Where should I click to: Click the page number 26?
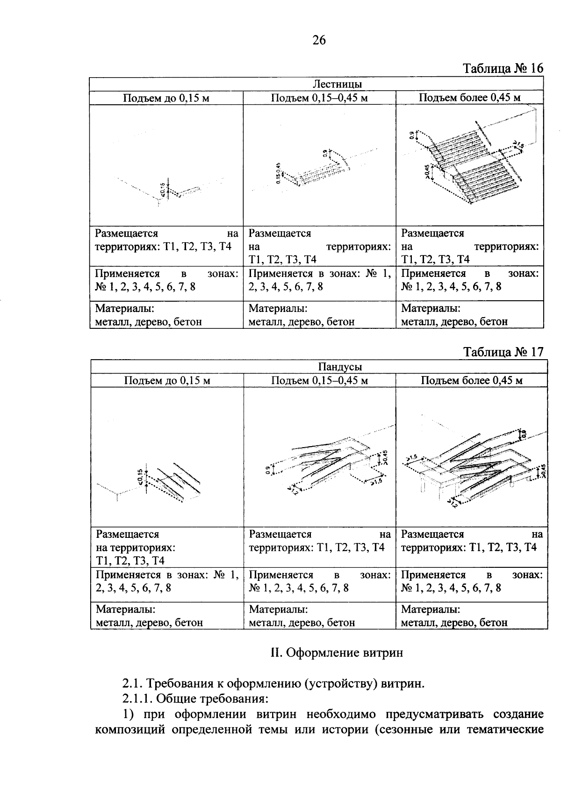pos(319,40)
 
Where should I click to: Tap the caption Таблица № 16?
pos(503,68)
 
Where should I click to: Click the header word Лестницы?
pos(337,84)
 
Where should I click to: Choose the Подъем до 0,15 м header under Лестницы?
pos(166,98)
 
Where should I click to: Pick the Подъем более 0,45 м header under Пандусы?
pos(471,380)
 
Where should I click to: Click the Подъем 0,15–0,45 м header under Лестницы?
pos(319,98)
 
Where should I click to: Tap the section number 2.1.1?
pos(138,699)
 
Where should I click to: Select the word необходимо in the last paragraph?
pos(343,715)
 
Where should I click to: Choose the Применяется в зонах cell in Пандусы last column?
pos(471,581)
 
